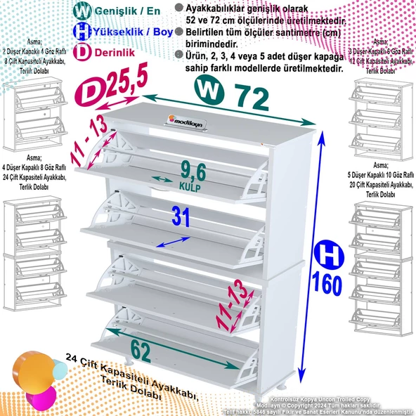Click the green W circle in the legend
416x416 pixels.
tap(82, 11)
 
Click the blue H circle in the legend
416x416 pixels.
tap(82, 31)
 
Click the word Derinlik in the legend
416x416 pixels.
tap(115, 51)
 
